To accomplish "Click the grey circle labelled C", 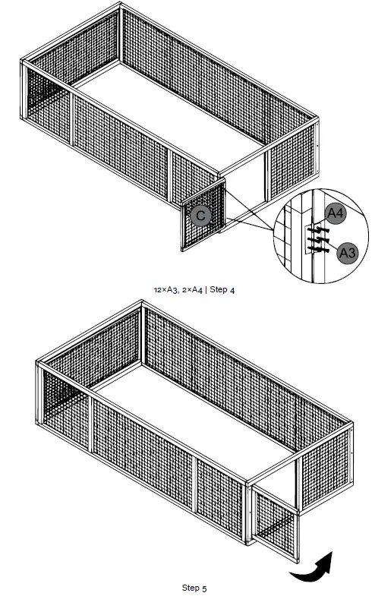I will [x=200, y=216].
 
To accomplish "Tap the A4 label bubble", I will [x=336, y=214].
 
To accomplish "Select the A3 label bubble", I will [x=347, y=251].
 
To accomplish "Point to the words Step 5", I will [x=194, y=587].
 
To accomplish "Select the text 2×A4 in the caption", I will [x=192, y=291].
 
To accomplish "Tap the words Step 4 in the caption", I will [x=220, y=291].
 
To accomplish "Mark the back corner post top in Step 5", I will [x=142, y=304].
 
